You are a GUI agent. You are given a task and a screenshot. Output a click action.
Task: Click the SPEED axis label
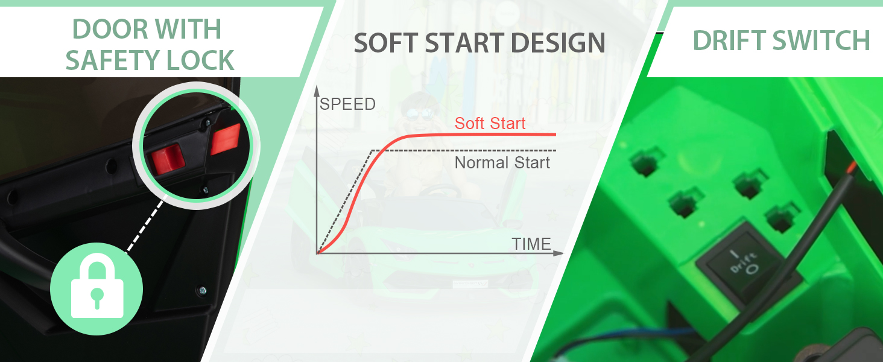(347, 104)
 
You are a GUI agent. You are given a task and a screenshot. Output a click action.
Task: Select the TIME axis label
(531, 244)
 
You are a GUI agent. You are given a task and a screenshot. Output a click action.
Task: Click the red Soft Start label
(490, 124)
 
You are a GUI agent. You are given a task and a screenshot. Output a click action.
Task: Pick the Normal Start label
(502, 162)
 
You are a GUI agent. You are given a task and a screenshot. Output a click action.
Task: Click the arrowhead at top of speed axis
(317, 91)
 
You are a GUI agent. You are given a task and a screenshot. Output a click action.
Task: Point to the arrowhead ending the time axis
(559, 253)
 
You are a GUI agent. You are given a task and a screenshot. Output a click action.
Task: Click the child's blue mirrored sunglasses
(419, 114)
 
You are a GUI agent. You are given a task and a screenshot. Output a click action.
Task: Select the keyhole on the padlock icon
(97, 297)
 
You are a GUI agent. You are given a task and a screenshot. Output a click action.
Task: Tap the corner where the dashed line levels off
(372, 150)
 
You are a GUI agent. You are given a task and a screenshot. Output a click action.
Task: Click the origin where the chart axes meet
(317, 253)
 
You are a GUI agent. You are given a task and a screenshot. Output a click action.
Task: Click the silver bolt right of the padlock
(202, 291)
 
